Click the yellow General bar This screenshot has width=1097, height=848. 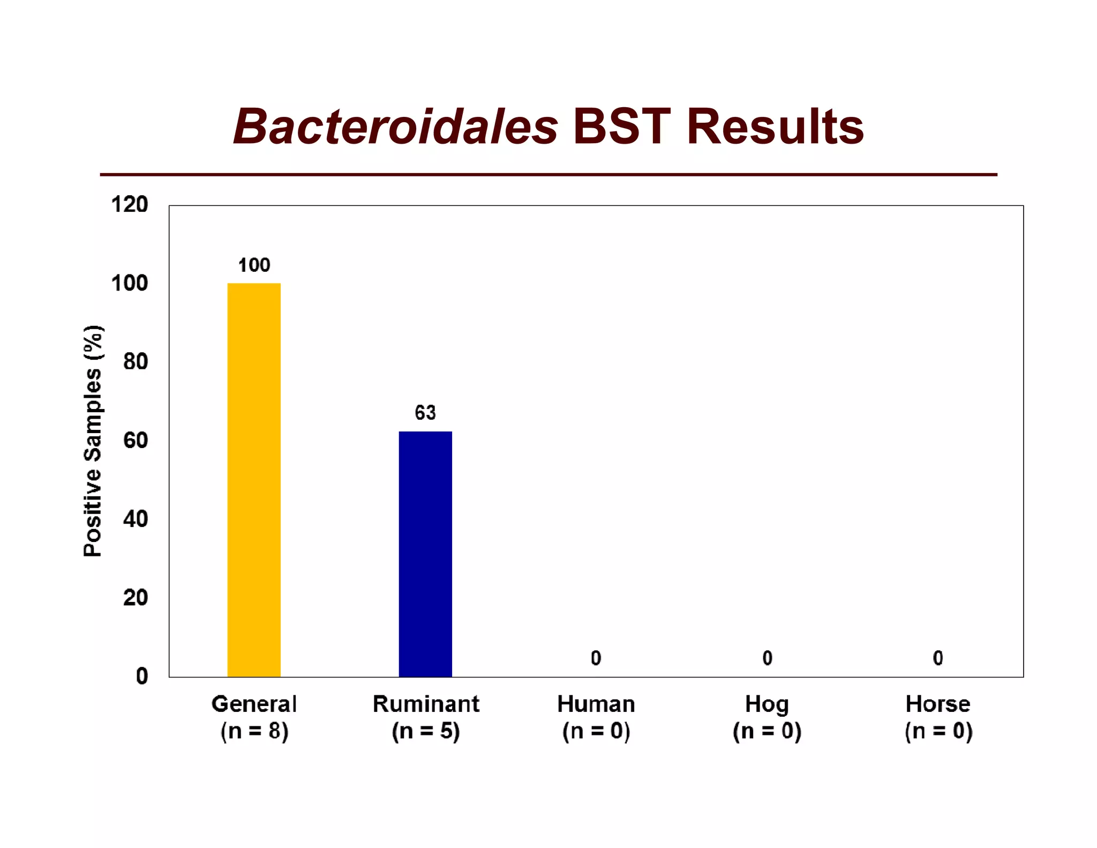(254, 480)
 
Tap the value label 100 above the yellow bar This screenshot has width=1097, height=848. (254, 265)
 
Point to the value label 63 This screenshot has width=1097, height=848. (425, 413)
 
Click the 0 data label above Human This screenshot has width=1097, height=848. (596, 658)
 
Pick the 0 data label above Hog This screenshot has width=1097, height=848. (767, 658)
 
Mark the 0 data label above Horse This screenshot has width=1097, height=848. (937, 658)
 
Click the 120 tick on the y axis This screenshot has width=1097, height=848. (130, 205)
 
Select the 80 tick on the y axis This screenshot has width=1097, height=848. (136, 362)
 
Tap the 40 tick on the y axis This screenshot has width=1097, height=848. (136, 519)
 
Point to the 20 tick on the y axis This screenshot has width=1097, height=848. (136, 597)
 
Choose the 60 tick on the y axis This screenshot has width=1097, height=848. (136, 440)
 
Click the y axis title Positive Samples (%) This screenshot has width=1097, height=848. (93, 441)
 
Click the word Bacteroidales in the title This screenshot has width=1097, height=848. (395, 127)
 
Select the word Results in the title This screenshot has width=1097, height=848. (775, 127)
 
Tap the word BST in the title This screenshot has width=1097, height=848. (621, 127)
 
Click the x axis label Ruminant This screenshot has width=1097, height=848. (426, 704)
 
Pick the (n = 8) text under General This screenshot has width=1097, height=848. (254, 731)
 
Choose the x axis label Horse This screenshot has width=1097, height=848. (937, 704)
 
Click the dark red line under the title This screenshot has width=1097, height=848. (548, 174)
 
